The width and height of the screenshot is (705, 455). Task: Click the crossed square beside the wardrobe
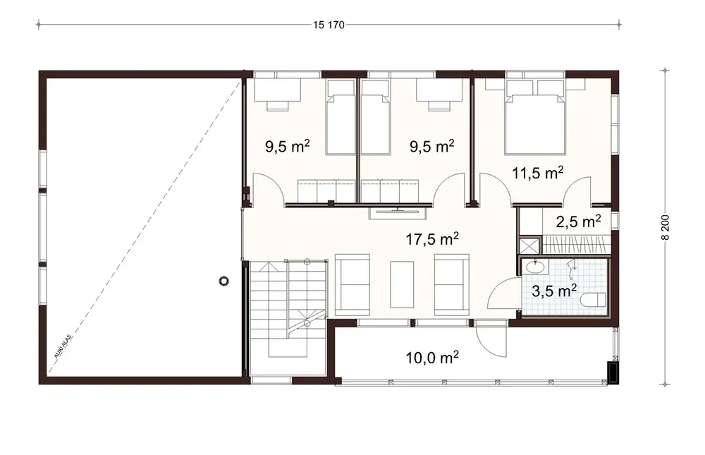527,245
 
